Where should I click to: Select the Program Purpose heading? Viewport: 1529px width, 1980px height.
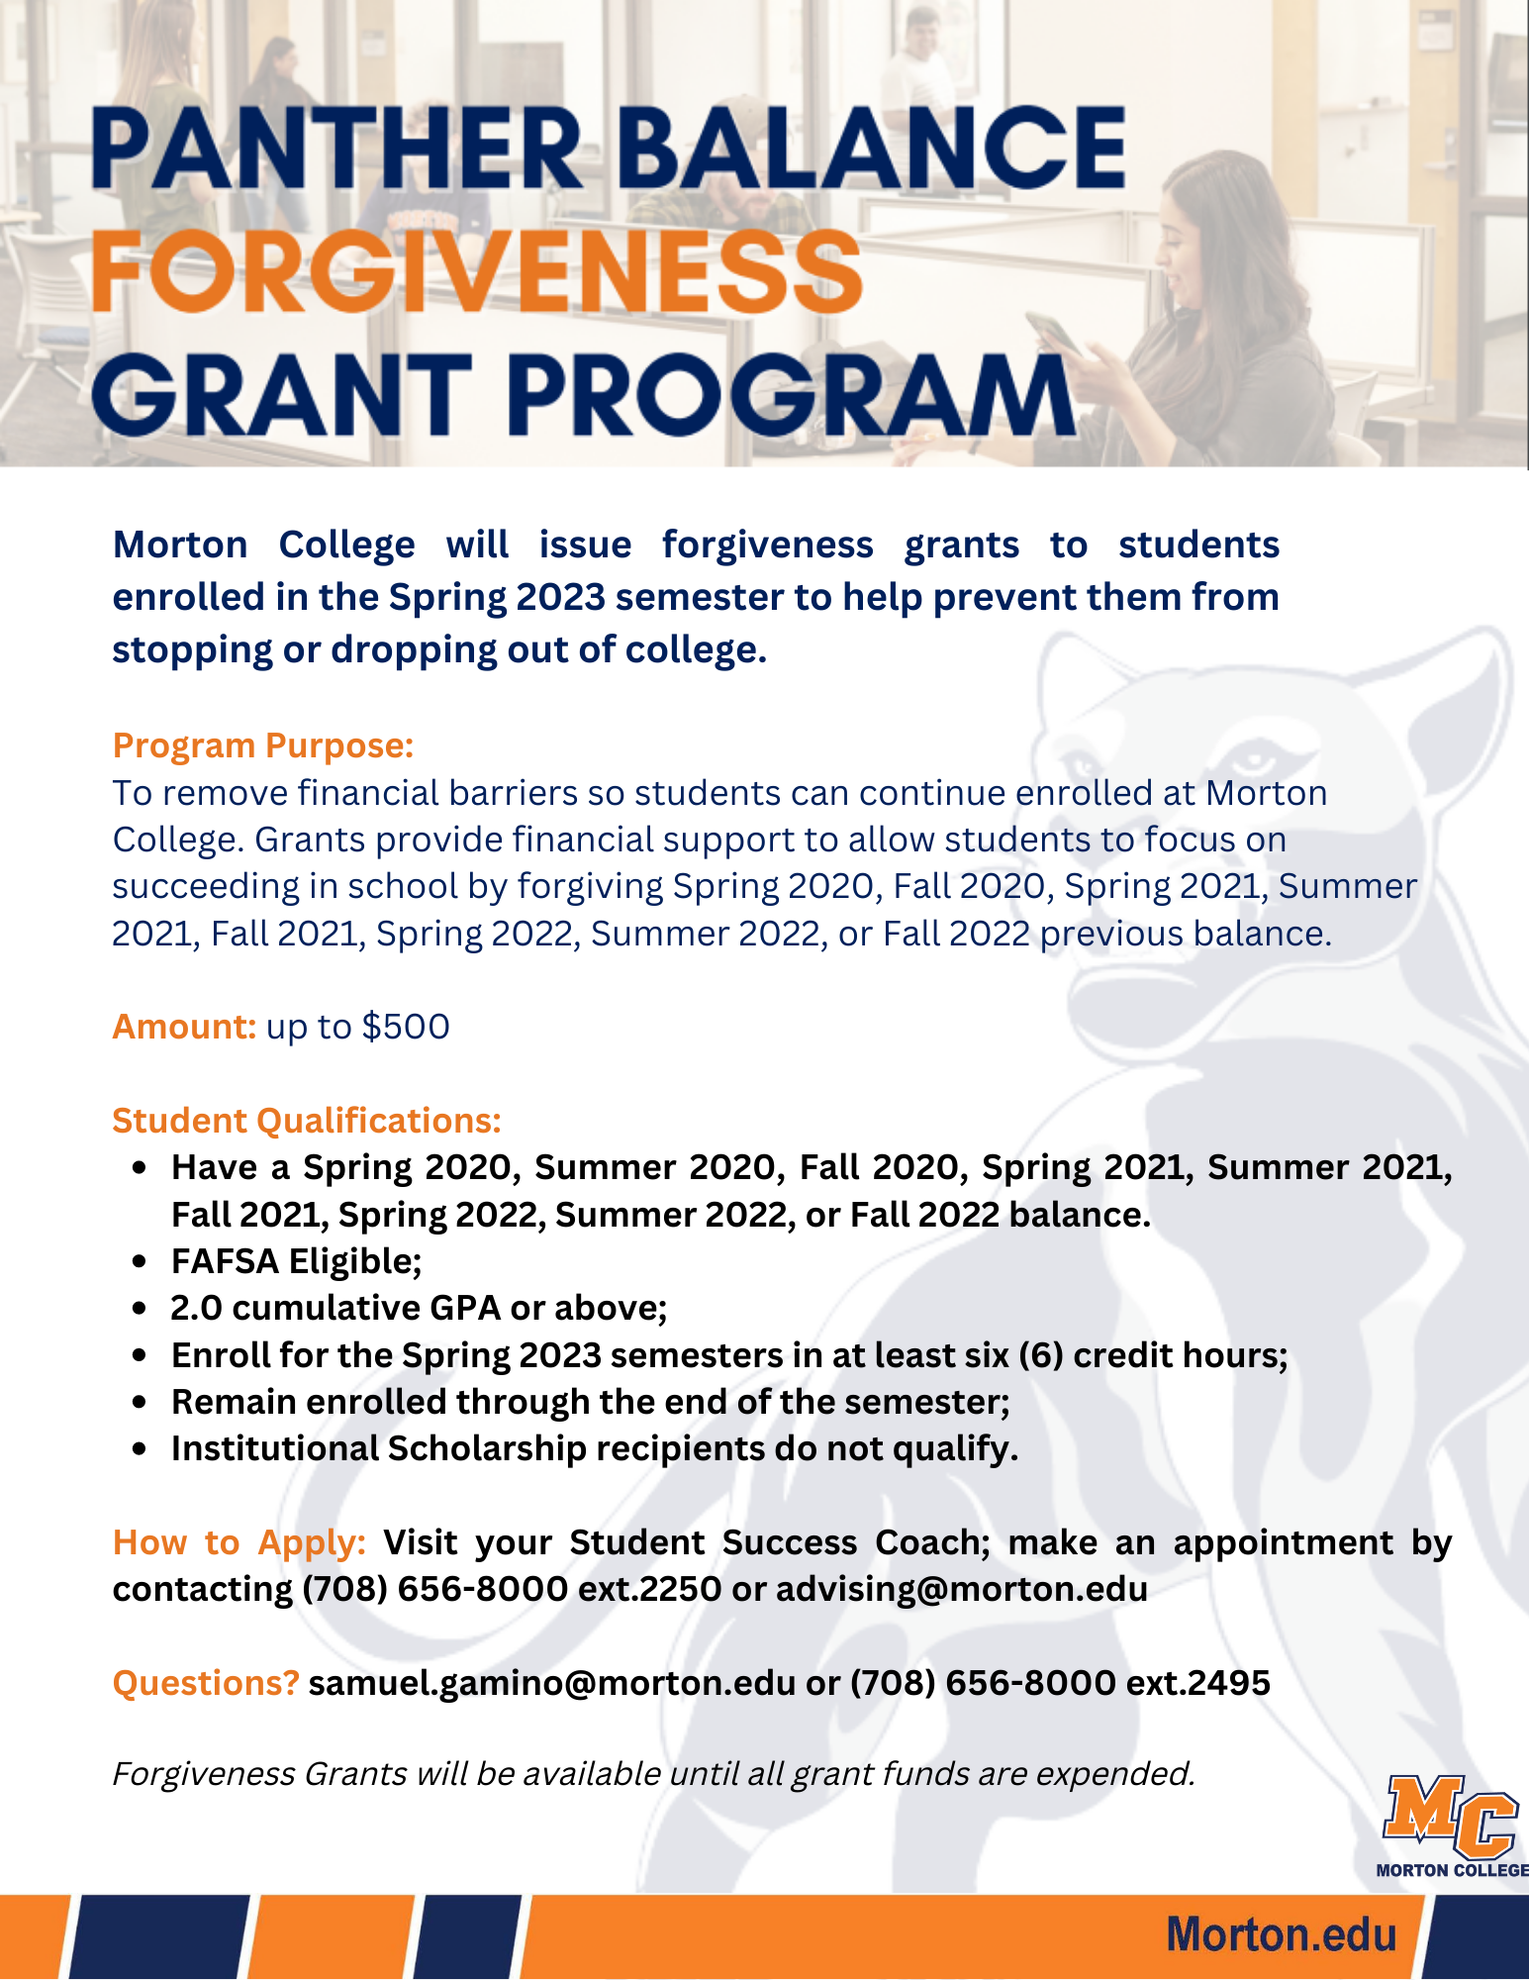pyautogui.click(x=262, y=745)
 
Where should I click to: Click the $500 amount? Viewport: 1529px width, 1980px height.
pyautogui.click(x=406, y=1027)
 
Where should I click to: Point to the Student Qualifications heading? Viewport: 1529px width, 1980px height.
pyautogui.click(x=307, y=1121)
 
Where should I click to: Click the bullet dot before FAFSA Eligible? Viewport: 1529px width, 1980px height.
pyautogui.click(x=140, y=1261)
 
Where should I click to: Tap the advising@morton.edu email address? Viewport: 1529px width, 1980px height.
pyautogui.click(x=962, y=1589)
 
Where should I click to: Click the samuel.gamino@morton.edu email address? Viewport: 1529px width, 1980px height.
pyautogui.click(x=552, y=1683)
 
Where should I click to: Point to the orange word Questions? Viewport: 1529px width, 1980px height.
pyautogui.click(x=206, y=1683)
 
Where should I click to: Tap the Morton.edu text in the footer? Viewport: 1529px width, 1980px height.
pyautogui.click(x=1281, y=1934)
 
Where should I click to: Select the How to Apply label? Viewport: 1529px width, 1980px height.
pyautogui.click(x=239, y=1542)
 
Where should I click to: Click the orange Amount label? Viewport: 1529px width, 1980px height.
pyautogui.click(x=184, y=1027)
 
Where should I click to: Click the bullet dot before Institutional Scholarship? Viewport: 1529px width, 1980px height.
pyautogui.click(x=140, y=1448)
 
